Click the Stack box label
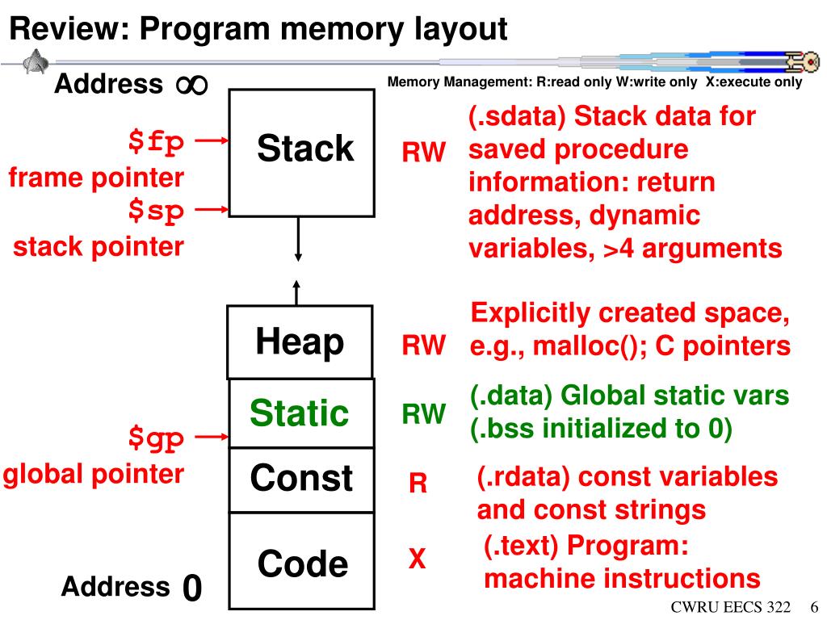tap(304, 149)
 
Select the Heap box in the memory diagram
tap(300, 341)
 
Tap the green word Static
tap(299, 413)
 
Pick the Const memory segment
tap(302, 480)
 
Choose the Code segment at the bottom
tap(302, 561)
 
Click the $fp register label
tap(156, 142)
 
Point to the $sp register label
tap(156, 211)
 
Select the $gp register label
tap(156, 438)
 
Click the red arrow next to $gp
tap(212, 437)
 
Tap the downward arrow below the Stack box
tap(298, 239)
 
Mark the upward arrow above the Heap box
tap(296, 292)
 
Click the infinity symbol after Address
tap(192, 85)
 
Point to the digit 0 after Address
tap(192, 588)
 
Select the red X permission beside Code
tap(417, 559)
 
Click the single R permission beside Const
tap(418, 483)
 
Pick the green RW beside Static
tap(423, 414)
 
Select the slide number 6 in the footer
tap(814, 607)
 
